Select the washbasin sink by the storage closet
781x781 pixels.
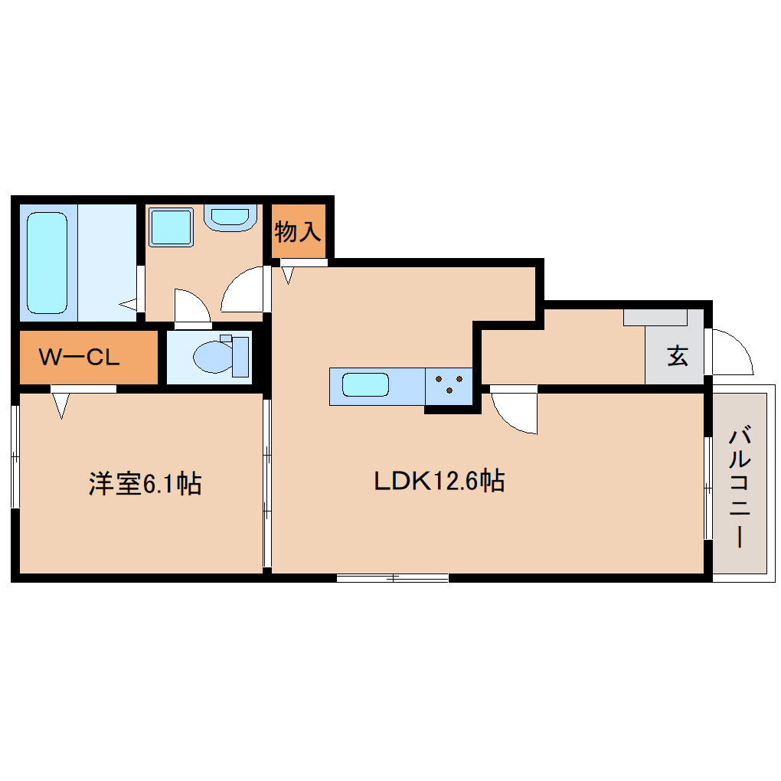[x=231, y=217]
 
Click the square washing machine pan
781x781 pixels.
[x=170, y=227]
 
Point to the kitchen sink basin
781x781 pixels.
[x=365, y=384]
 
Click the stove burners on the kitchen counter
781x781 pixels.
[x=448, y=384]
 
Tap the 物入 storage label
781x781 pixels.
[x=298, y=231]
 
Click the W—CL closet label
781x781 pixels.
[x=80, y=358]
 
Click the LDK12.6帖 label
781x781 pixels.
[x=438, y=482]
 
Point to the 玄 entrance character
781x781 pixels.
[x=677, y=356]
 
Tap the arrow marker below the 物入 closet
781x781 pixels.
[x=289, y=273]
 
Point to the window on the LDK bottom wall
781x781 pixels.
[x=392, y=577]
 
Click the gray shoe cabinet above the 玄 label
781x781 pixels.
[x=655, y=317]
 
